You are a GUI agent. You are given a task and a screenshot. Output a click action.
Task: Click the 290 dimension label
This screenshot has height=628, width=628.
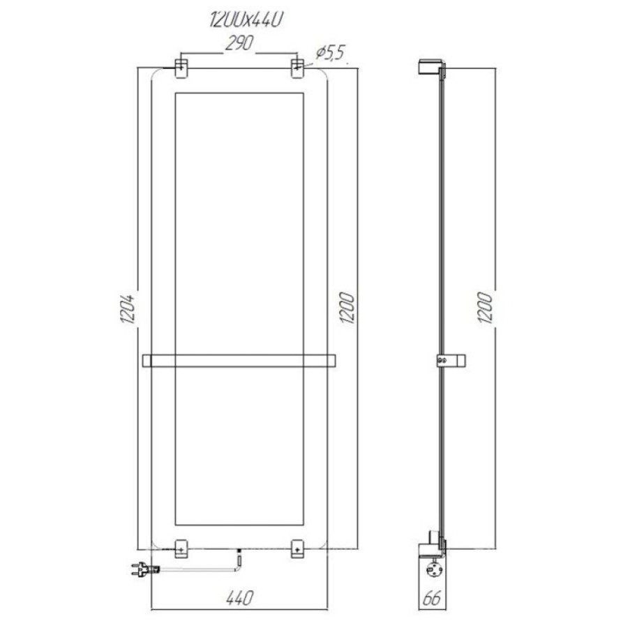click(239, 43)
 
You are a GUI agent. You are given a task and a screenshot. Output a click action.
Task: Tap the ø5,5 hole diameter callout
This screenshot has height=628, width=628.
click(330, 52)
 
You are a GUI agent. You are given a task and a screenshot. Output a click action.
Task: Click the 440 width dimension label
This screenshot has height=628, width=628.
click(239, 599)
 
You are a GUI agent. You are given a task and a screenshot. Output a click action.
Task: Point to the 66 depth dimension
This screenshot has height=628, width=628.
click(432, 599)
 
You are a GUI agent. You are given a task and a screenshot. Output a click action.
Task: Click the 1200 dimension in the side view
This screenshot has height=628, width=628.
click(486, 308)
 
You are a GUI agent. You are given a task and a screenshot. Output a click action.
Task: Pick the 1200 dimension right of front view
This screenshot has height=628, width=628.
click(347, 308)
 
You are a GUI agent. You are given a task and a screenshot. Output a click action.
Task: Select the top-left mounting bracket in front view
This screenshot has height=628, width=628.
click(181, 68)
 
